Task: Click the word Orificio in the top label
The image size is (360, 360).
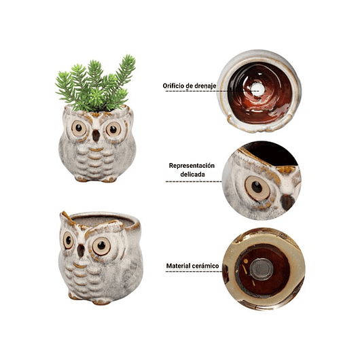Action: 173,86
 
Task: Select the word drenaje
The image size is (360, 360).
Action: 205,86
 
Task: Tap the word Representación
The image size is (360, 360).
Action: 192,166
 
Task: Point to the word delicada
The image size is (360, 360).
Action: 192,175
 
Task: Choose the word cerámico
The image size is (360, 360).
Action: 205,266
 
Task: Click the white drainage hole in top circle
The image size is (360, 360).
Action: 257,89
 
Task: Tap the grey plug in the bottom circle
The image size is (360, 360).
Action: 262,269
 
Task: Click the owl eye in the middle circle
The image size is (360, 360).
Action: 257,188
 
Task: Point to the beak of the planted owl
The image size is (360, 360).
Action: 96,136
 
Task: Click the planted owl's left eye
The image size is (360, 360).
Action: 79,128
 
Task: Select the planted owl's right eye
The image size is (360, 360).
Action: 113,129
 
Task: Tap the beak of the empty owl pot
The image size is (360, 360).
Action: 81,250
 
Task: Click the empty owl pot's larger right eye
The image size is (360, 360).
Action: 101,246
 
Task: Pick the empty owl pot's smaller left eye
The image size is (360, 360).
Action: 68,240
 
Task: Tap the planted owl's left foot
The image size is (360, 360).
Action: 82,179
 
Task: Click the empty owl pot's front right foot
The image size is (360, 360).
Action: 101,302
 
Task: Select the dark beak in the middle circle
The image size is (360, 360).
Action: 287,202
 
